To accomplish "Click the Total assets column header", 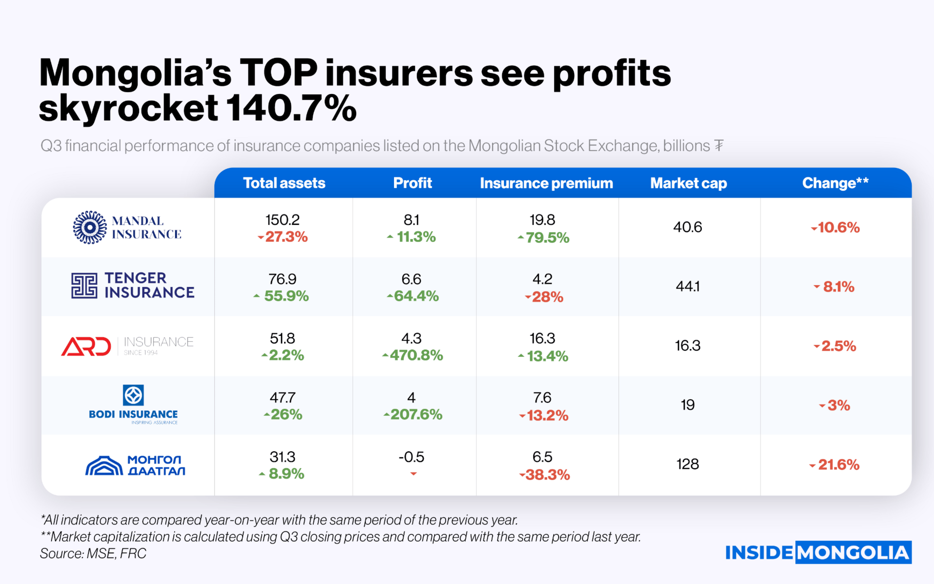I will (x=284, y=183).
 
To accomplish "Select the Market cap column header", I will (x=688, y=183).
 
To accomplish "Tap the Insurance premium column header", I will (x=546, y=183).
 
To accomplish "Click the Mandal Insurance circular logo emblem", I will (x=90, y=227).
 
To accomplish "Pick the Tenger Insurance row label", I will (x=133, y=285).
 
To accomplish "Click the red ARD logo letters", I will (x=86, y=347).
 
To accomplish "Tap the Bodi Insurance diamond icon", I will (x=133, y=395).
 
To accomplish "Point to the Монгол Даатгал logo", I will (x=135, y=465).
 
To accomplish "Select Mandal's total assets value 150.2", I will (x=282, y=220).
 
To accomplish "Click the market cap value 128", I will (x=687, y=464).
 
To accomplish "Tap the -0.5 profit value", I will (x=412, y=457).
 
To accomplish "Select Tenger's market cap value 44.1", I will (x=687, y=286).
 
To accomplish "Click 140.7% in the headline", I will (x=291, y=108).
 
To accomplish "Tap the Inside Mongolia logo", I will (x=818, y=552).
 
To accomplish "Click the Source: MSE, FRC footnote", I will (x=93, y=553).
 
